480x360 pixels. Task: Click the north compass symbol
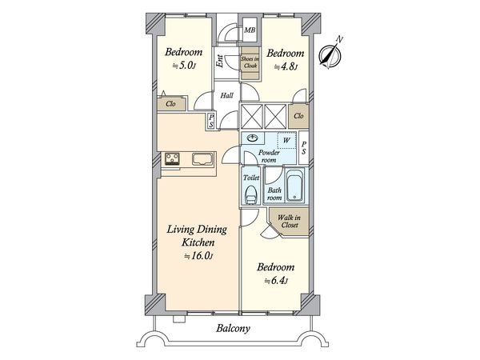[330, 54]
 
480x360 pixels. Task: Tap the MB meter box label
[250, 30]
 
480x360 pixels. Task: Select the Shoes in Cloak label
[250, 62]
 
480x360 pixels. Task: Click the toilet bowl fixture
[251, 194]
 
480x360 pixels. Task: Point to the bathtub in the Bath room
[295, 186]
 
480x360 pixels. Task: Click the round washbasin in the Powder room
[253, 138]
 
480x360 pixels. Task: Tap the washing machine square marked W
[286, 141]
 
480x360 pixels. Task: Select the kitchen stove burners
[172, 159]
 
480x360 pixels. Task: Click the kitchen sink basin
[202, 159]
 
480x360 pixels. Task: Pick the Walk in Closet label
[290, 222]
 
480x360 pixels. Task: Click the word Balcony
[233, 329]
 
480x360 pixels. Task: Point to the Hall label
[227, 95]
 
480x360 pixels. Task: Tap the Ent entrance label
[219, 61]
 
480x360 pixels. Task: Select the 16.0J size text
[198, 256]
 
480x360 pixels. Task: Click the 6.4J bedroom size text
[276, 281]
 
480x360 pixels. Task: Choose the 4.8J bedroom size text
[286, 66]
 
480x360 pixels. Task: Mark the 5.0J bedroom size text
[184, 66]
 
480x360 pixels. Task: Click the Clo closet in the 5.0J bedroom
[171, 104]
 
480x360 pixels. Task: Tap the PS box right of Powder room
[304, 147]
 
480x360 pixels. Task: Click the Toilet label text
[251, 178]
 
